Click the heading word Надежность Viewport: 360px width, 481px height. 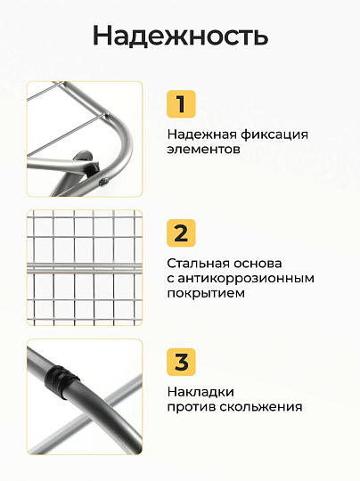point(181,36)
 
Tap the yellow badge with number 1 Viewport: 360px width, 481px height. point(181,104)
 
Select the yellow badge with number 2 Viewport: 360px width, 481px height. point(181,233)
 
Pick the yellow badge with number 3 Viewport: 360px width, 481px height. point(181,362)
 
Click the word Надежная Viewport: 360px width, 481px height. point(202,135)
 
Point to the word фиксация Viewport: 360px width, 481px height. point(274,135)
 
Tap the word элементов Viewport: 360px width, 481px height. point(203,150)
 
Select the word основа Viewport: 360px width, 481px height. point(258,264)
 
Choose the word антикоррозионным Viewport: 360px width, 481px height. point(246,279)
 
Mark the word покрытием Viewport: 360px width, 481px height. point(206,293)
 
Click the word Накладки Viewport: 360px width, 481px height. point(200,392)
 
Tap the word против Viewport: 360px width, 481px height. point(192,407)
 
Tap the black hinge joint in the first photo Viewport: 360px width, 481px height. point(93,167)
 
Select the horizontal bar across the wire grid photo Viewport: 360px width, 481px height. point(85,268)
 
